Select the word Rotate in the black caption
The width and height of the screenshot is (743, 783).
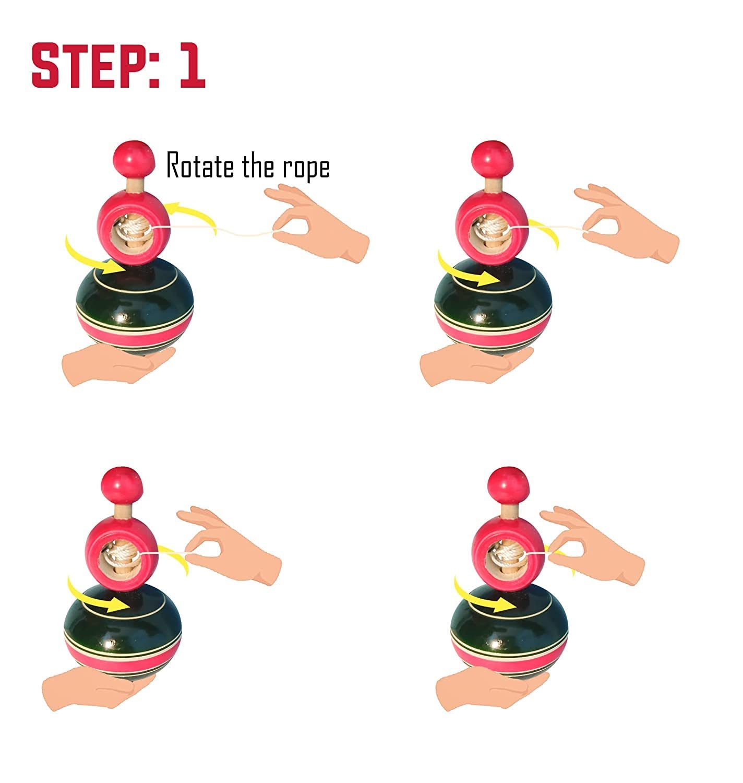pos(200,165)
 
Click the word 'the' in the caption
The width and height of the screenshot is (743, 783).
pos(258,165)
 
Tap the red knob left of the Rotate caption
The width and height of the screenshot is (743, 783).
pos(134,159)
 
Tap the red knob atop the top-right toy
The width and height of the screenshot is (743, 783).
pos(492,159)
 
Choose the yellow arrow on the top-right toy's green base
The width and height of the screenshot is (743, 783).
pos(466,271)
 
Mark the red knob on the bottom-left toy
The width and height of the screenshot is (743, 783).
pos(122,485)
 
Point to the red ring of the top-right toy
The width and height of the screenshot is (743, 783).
pos(492,227)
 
